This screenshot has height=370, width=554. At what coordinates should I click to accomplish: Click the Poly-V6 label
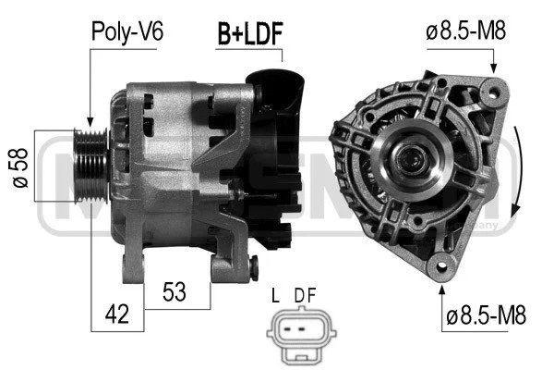[x=127, y=31]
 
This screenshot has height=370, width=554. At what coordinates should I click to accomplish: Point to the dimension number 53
[x=174, y=292]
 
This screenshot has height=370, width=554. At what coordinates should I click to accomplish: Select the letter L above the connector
[x=275, y=296]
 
